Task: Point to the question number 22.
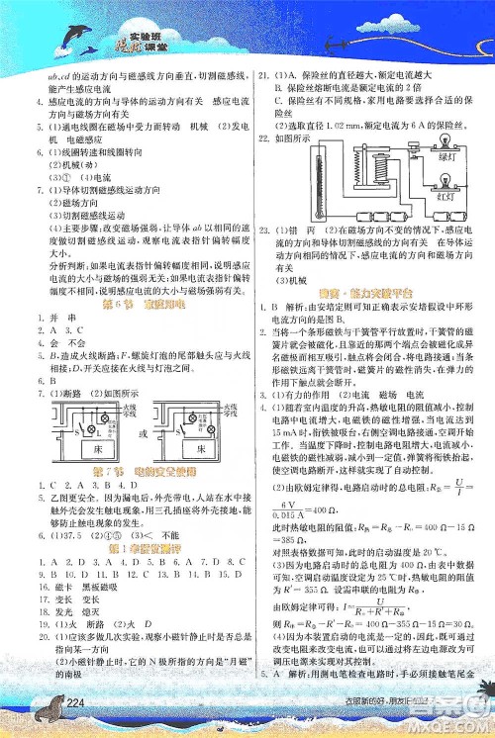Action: click(262, 137)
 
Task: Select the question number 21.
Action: click(262, 75)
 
